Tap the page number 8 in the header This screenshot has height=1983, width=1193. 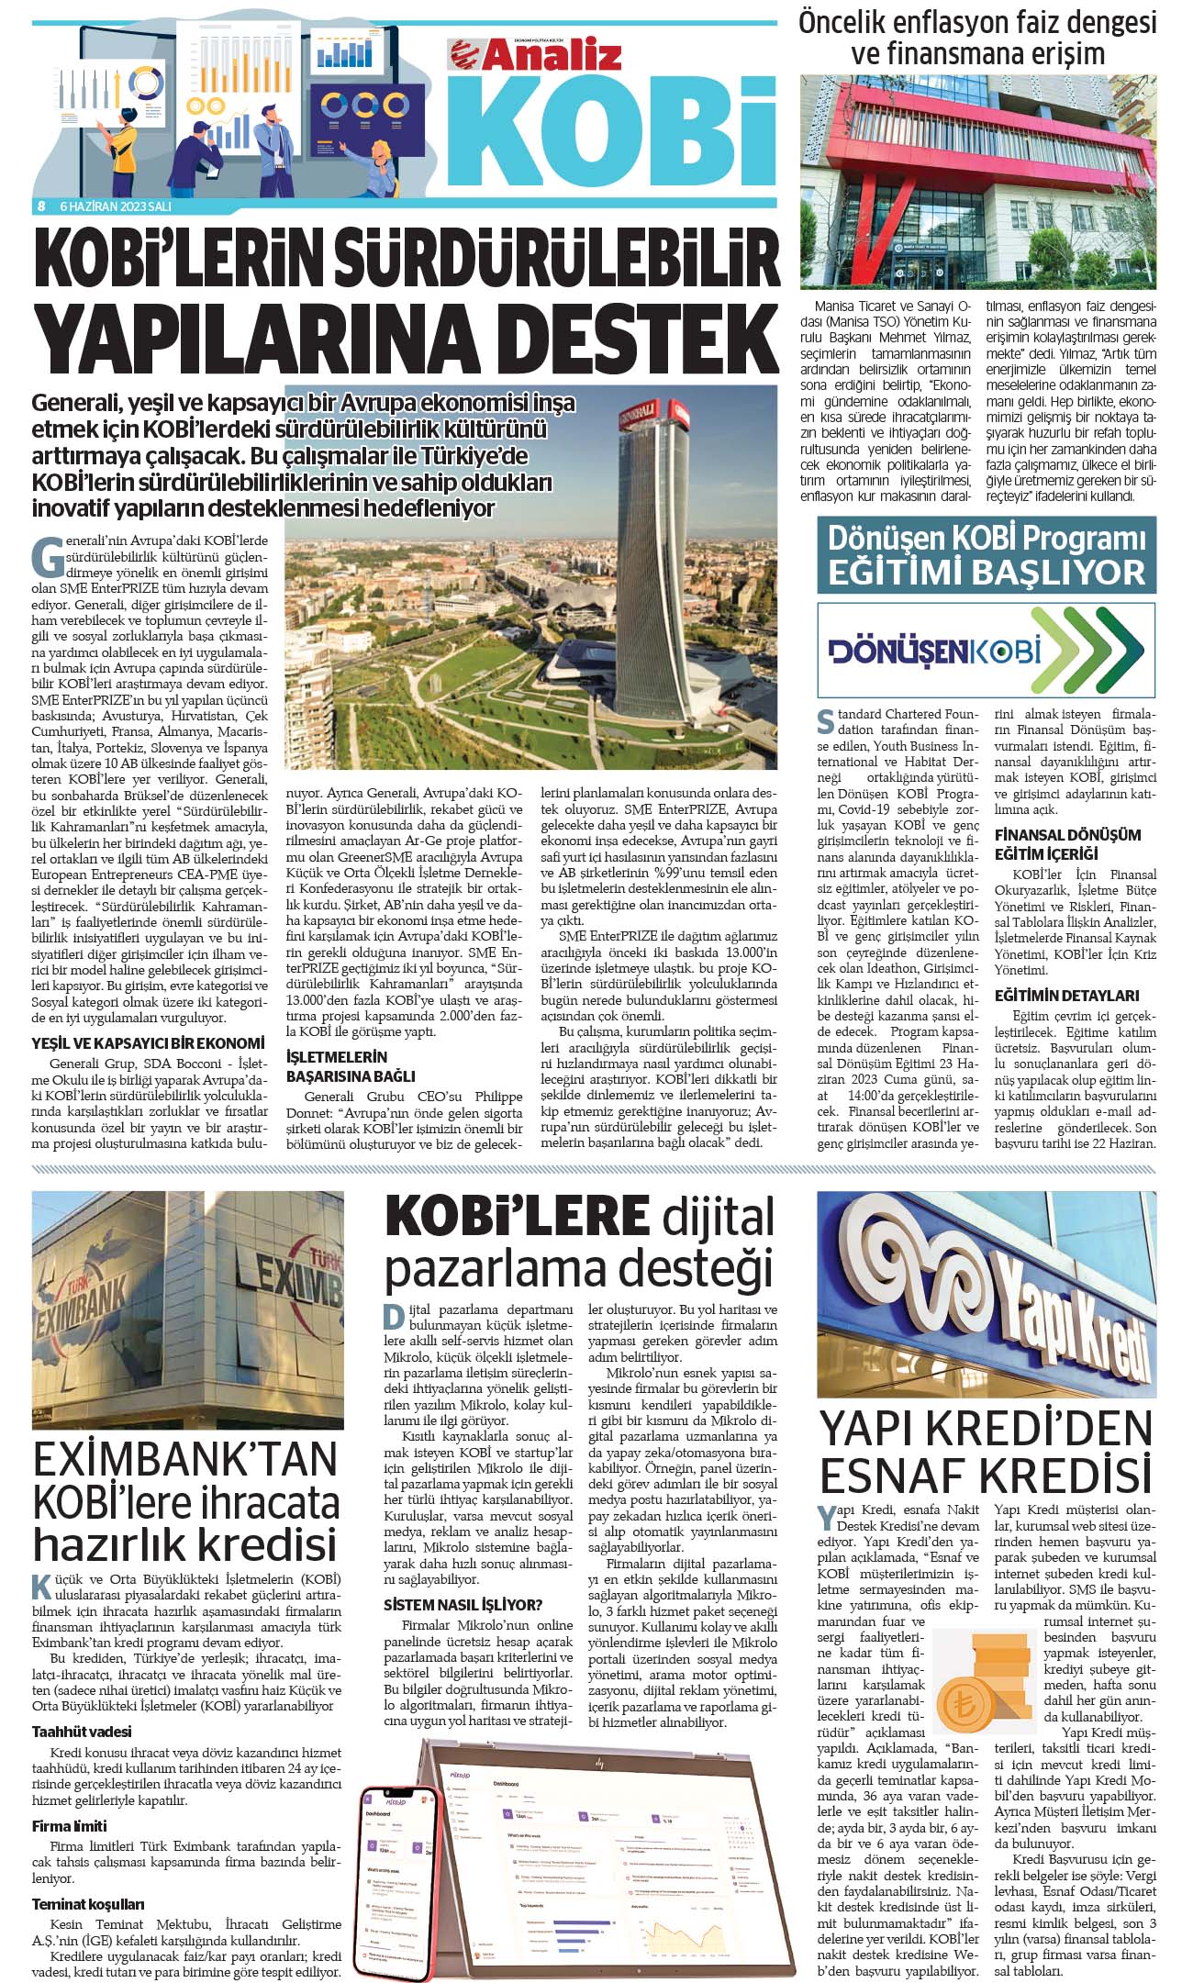click(x=41, y=206)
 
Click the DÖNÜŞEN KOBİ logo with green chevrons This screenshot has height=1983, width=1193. click(x=986, y=650)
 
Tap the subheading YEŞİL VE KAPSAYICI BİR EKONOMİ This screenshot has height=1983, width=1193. click(x=148, y=1043)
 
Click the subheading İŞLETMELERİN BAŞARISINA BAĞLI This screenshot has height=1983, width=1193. click(x=351, y=1066)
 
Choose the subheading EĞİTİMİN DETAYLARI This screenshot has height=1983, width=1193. click(x=1054, y=996)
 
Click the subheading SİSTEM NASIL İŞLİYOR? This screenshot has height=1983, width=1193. click(x=463, y=1605)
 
